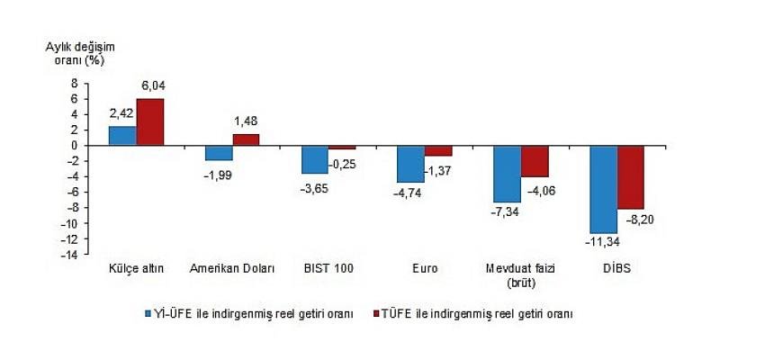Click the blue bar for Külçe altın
tap(122, 136)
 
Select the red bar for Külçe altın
tap(149, 121)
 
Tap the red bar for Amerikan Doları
tap(246, 139)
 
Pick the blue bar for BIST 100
tap(315, 159)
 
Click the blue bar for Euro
tap(411, 164)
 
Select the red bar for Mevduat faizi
tap(535, 161)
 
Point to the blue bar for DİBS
tap(604, 189)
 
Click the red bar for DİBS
tap(631, 177)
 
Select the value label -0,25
tap(345, 163)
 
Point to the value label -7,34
tap(505, 212)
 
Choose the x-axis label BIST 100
tap(328, 268)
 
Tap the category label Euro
tap(425, 268)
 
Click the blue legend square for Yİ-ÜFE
tap(148, 314)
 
